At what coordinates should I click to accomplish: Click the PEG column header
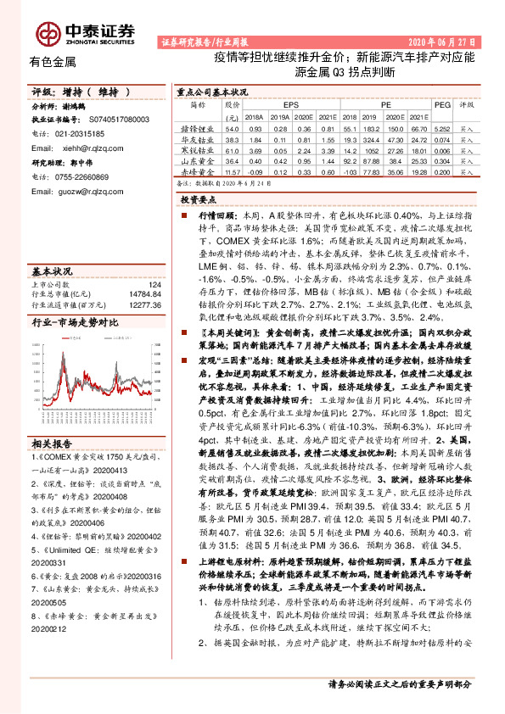[441, 104]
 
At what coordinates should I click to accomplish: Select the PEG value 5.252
[441, 127]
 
